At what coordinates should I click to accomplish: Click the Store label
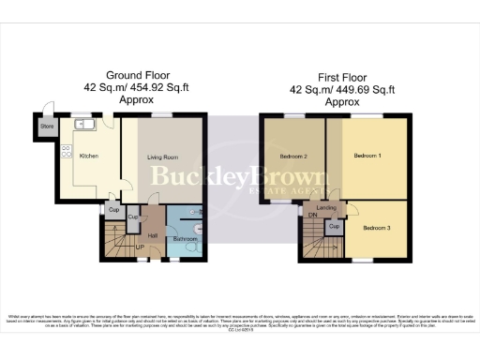[x=45, y=127]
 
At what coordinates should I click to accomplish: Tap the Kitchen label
[x=88, y=157]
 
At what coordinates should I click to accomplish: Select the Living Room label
[x=163, y=157]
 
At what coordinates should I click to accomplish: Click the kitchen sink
[x=82, y=123]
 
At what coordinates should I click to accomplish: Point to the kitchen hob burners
[x=67, y=152]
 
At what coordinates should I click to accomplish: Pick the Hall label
[x=152, y=235]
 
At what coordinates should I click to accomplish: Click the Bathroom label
[x=184, y=240]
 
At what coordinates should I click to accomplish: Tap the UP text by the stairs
[x=140, y=248]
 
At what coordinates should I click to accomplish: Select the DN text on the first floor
[x=312, y=214]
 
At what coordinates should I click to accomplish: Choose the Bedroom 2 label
[x=293, y=157]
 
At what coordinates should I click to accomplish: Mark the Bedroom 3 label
[x=377, y=228]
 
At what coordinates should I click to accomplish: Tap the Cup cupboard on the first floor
[x=334, y=227]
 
